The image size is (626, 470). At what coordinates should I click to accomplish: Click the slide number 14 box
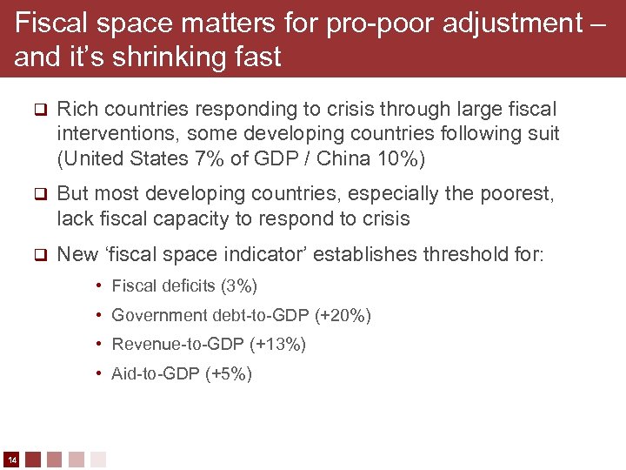coord(12,459)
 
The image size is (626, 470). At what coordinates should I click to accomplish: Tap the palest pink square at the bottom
coord(98,459)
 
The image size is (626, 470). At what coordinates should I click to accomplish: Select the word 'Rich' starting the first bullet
coord(76,110)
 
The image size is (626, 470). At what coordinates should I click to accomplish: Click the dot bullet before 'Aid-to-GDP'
coord(101,374)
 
